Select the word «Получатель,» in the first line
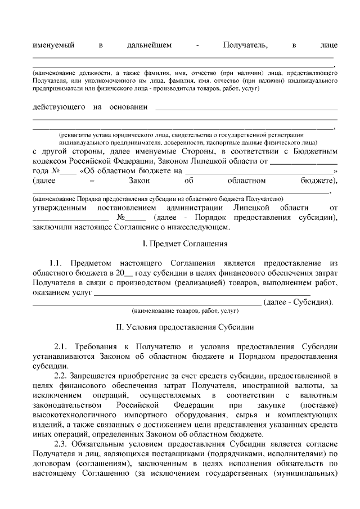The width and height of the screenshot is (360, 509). click(245, 44)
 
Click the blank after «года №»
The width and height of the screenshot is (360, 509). click(68, 171)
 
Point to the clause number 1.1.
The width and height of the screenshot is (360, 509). click(54, 263)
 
